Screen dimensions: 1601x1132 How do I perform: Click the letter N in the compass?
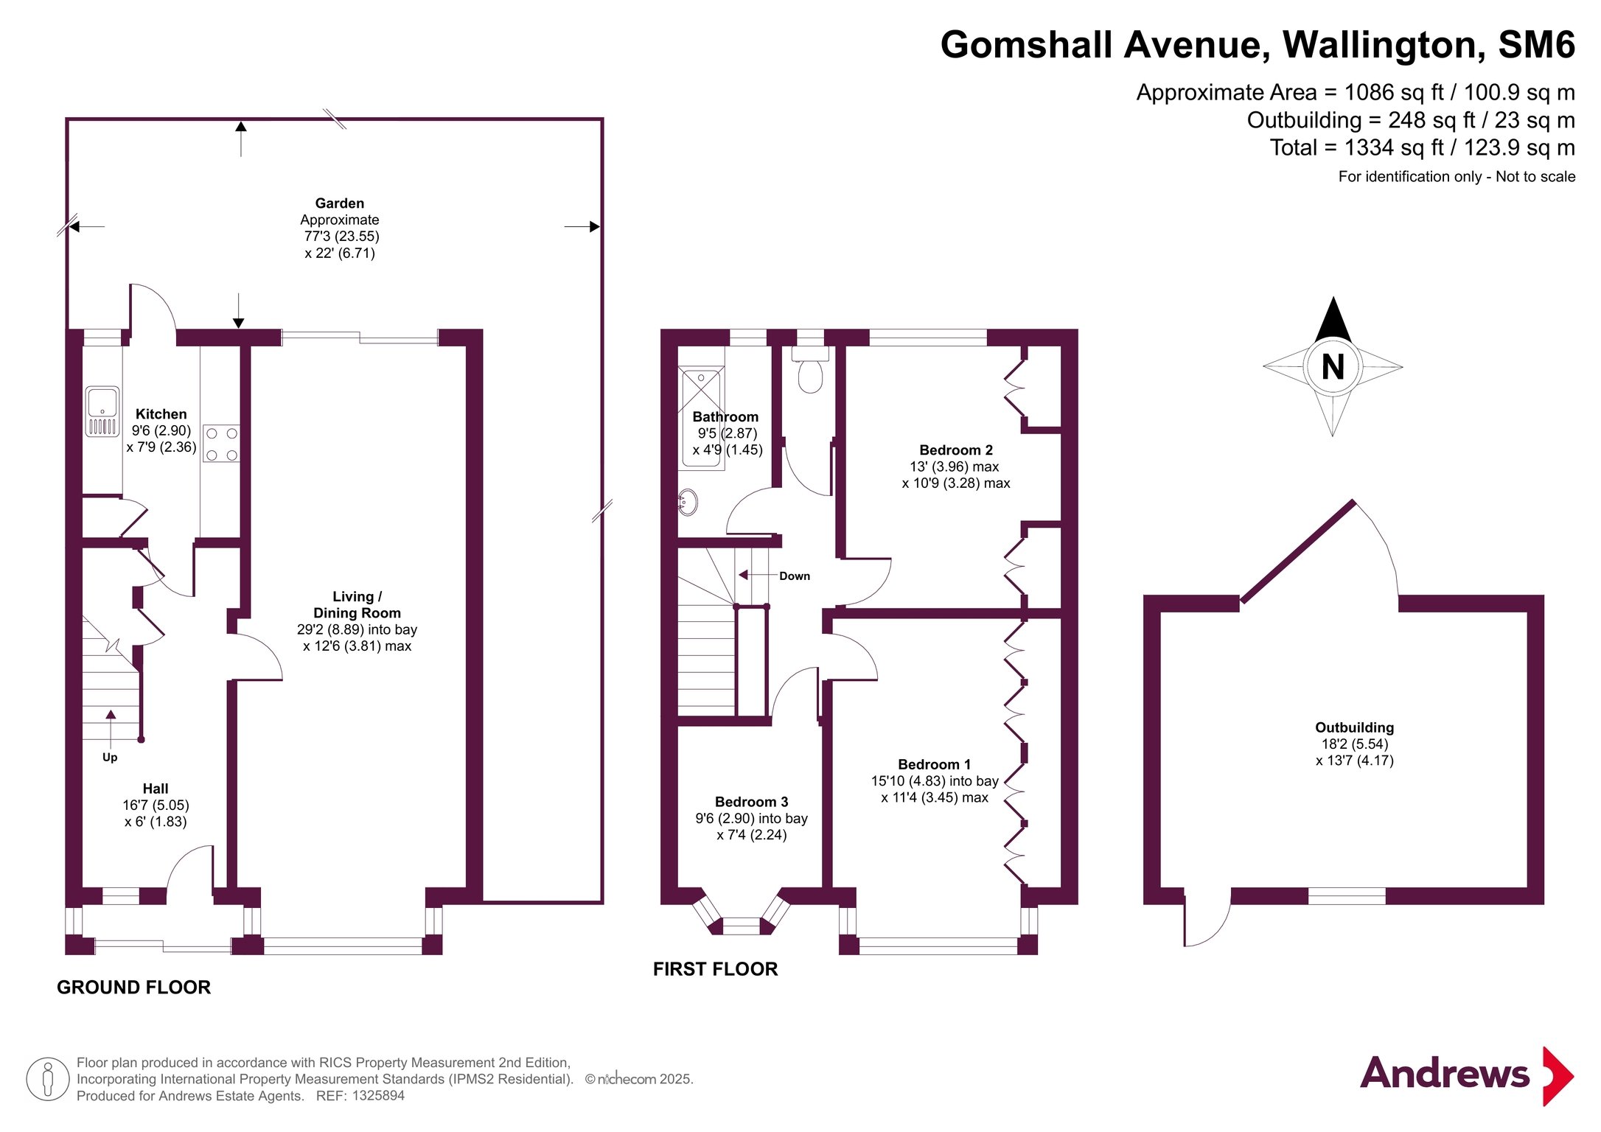click(1333, 367)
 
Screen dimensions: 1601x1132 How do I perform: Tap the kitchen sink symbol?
click(102, 412)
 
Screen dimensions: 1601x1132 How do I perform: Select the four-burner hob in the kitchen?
click(221, 444)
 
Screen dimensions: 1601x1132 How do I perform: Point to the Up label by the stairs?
click(110, 758)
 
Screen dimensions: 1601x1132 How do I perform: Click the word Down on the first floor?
click(795, 576)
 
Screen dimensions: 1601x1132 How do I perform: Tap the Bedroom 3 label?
click(751, 802)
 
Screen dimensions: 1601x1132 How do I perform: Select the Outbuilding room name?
click(1355, 727)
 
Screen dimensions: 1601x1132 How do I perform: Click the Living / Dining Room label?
click(357, 604)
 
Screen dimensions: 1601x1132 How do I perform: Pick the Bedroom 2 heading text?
click(956, 450)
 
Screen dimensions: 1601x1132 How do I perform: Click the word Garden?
click(340, 203)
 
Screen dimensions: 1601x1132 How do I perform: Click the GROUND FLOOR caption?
click(134, 988)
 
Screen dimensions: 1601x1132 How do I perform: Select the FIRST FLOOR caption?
click(716, 969)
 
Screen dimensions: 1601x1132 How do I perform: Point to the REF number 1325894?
click(378, 1096)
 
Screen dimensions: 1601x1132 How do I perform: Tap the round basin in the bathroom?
click(688, 502)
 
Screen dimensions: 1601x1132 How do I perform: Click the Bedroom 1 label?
click(935, 764)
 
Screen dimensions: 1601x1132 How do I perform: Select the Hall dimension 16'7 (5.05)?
click(156, 806)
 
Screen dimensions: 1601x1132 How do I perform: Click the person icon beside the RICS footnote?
click(48, 1079)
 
